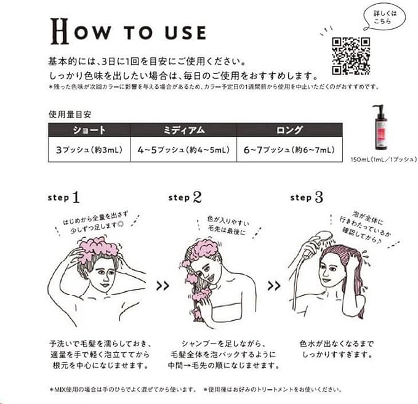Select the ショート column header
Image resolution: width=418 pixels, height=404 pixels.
point(89,131)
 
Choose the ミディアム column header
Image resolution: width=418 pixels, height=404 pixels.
point(183,131)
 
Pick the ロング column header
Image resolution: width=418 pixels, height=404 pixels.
point(289,131)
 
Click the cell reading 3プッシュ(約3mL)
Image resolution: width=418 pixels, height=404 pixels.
point(89,150)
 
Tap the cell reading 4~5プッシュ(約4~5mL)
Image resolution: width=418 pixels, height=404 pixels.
point(183,150)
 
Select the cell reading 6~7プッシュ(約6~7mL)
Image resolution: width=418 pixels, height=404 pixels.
point(289,150)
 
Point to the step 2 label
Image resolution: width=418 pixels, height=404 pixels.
point(185,198)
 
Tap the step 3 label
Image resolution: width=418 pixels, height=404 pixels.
point(305,198)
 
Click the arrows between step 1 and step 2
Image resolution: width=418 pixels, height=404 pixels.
point(164,286)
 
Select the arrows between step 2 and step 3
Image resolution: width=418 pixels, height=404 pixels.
point(275,286)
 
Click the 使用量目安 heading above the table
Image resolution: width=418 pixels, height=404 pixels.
point(70,115)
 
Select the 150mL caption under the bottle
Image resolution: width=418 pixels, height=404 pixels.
point(379,160)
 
